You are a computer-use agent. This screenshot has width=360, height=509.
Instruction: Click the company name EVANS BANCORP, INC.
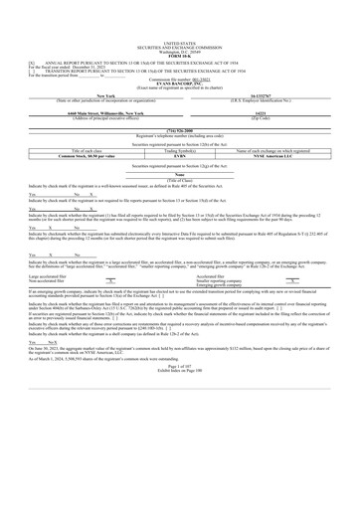point(179,56)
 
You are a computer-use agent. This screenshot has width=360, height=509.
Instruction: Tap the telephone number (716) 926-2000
point(179,131)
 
